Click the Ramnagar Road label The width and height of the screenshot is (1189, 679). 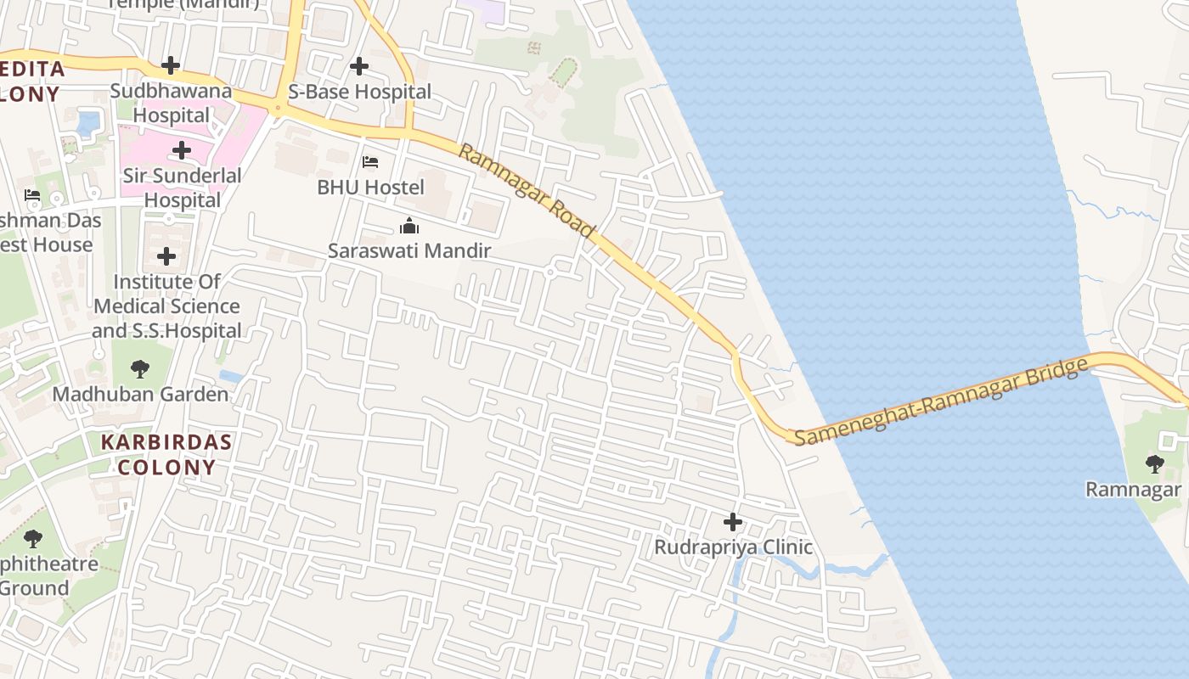[527, 191]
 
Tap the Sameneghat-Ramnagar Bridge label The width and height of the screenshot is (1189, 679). [941, 401]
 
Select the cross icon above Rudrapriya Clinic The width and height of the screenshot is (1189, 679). [733, 522]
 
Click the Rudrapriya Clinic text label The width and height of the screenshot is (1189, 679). [733, 547]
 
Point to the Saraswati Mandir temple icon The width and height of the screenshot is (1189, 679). [409, 226]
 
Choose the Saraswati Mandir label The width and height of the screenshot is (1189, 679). [409, 250]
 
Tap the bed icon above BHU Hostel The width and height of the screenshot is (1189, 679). [370, 161]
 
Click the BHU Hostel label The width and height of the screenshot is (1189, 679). [370, 187]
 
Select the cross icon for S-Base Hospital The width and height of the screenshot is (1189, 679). [359, 65]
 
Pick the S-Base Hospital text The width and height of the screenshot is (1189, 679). [359, 91]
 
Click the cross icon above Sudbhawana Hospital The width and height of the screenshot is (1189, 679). [171, 65]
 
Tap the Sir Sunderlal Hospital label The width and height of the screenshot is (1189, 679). [182, 188]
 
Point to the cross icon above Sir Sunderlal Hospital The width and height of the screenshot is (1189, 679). [181, 151]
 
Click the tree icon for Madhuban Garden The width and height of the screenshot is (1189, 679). [140, 369]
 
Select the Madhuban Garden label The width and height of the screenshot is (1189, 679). [140, 395]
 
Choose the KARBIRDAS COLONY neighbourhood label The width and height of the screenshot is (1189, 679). [166, 454]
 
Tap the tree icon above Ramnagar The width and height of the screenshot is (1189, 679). [1154, 463]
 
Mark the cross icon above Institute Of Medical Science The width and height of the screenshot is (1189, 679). [166, 255]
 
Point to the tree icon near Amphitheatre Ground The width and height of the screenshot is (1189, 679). [33, 538]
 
